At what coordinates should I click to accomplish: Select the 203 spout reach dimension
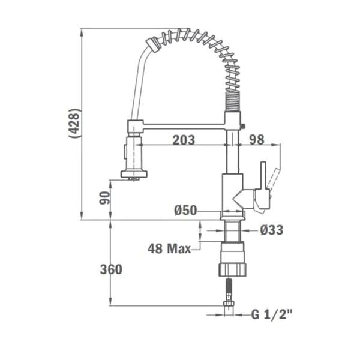(183, 140)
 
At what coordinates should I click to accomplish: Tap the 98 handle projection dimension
(257, 140)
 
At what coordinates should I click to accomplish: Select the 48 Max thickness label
(169, 248)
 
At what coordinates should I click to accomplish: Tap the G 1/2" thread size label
(272, 314)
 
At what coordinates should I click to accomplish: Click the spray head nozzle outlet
(133, 175)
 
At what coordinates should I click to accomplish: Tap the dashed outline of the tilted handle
(275, 176)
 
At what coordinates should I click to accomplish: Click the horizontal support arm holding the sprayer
(180, 126)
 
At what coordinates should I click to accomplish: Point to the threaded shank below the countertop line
(233, 230)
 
